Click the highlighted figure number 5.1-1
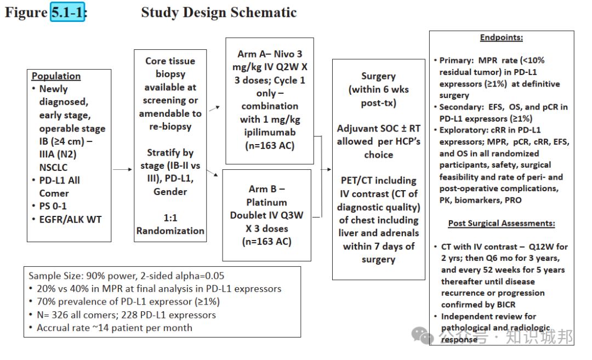tap(67, 12)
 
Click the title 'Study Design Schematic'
tap(219, 13)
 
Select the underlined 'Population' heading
tap(56, 76)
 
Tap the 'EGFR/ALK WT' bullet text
tap(71, 219)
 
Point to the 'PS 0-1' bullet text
tap(53, 206)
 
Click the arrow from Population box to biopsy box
tap(122, 169)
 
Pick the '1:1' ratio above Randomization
tap(170, 218)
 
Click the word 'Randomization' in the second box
tap(170, 231)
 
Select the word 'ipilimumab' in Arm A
tap(270, 133)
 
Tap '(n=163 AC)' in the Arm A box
tap(270, 146)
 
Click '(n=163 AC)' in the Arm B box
tap(266, 242)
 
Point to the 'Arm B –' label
tap(266, 188)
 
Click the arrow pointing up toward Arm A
tap(214, 108)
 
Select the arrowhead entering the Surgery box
tap(329, 169)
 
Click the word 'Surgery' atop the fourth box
tap(378, 76)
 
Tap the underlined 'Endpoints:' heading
tap(502, 37)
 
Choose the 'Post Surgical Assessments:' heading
tap(502, 223)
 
